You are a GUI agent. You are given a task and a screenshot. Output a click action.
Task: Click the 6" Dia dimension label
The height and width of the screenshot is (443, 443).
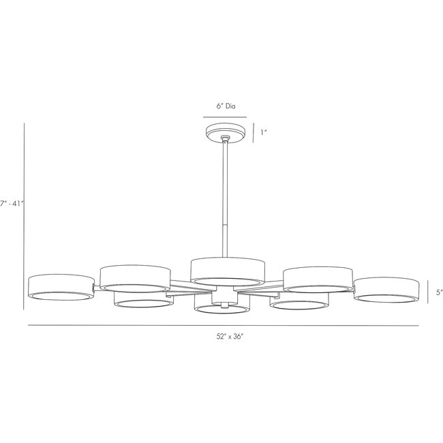click(225, 106)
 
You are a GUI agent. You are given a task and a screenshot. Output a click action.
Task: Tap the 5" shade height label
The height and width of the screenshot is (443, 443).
click(439, 292)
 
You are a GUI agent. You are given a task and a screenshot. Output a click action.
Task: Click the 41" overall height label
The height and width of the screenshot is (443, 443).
click(12, 203)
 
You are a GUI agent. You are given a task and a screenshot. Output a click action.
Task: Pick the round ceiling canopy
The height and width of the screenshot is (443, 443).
click(226, 131)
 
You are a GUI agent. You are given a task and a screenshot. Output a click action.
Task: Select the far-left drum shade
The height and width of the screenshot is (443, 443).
click(61, 287)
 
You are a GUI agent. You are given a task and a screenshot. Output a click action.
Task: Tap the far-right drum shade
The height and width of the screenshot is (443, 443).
click(386, 289)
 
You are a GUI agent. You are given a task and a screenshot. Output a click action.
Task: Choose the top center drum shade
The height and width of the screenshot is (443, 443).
click(227, 269)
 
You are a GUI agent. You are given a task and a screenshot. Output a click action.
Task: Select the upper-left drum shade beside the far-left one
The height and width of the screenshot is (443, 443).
click(134, 277)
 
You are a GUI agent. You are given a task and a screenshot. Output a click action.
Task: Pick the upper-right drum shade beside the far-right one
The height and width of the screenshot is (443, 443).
click(318, 278)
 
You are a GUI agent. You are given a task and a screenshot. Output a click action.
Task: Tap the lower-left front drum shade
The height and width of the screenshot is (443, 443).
click(142, 299)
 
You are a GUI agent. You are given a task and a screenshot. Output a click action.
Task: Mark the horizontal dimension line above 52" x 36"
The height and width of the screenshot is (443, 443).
click(222, 325)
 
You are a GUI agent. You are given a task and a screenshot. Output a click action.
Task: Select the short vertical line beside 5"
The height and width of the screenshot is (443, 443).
click(428, 292)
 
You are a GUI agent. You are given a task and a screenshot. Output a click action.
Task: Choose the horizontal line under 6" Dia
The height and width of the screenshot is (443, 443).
click(225, 117)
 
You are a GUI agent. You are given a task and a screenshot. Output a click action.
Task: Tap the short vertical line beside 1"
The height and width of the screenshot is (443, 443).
click(254, 132)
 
